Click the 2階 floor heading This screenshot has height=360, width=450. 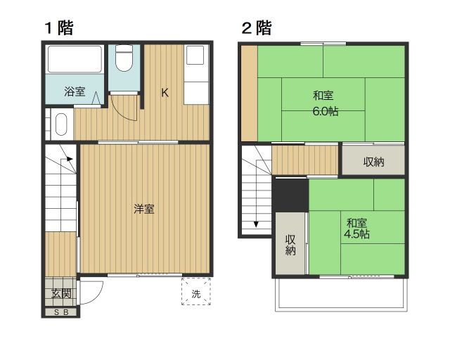[x=257, y=28]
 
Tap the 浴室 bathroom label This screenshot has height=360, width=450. [x=74, y=91]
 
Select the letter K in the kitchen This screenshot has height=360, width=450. [x=165, y=92]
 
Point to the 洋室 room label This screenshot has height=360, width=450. [x=144, y=209]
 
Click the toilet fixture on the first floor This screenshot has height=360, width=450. [x=125, y=60]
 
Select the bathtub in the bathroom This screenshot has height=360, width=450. [x=75, y=61]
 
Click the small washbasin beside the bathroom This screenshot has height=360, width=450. [x=60, y=126]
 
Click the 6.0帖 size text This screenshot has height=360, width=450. [x=326, y=111]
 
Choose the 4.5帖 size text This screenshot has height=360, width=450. [x=356, y=234]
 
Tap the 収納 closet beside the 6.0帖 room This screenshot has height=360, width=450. [x=373, y=162]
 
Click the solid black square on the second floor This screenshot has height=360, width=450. [x=290, y=194]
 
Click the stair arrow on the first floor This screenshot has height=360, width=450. [x=70, y=159]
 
